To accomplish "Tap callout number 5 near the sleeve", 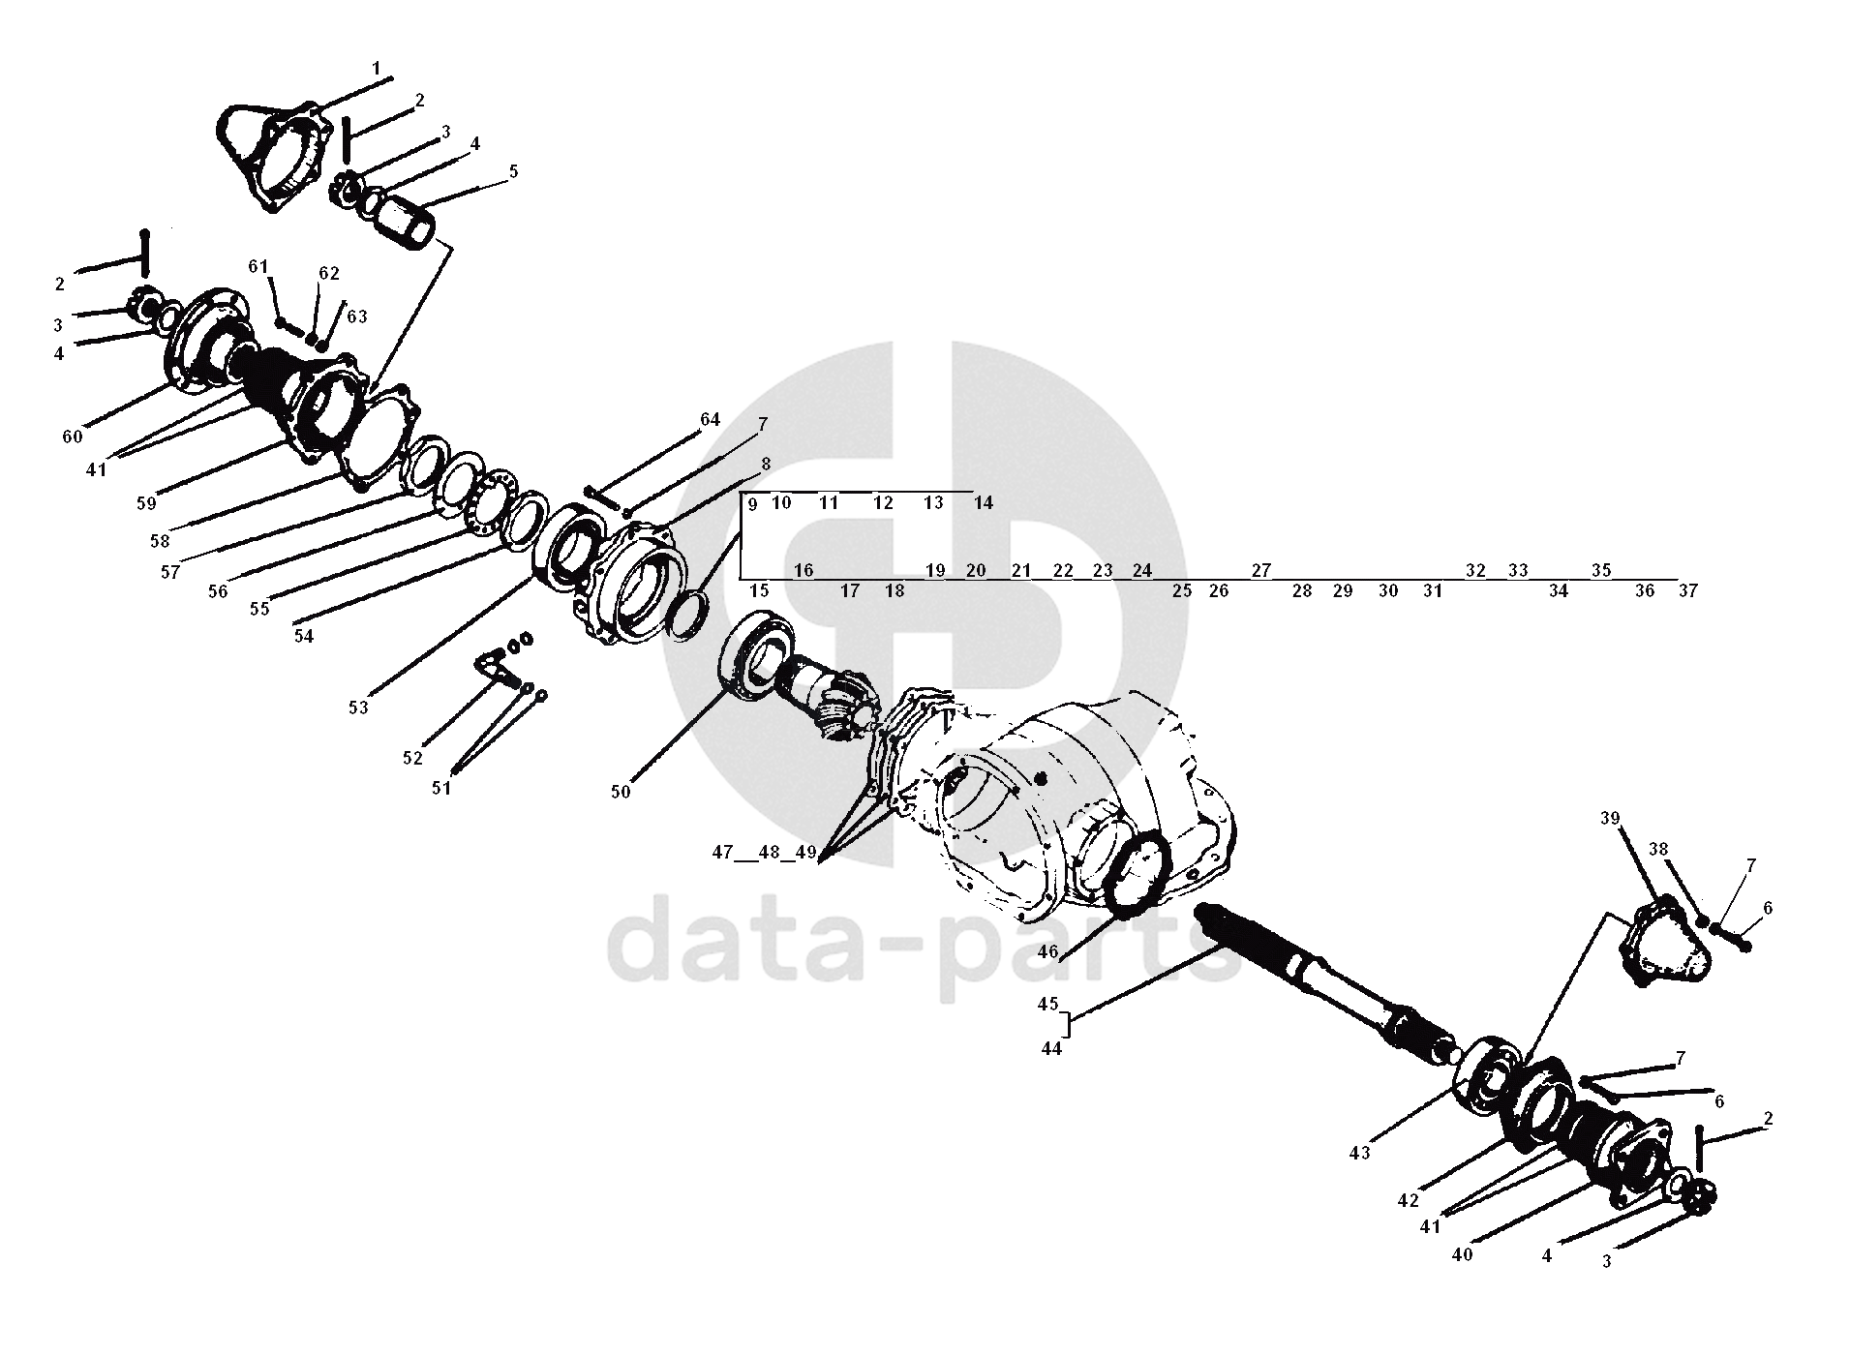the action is (513, 171).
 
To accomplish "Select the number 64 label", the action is (710, 419).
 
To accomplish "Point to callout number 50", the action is (621, 791).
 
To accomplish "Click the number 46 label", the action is (1047, 951).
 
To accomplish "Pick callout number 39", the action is (1610, 818).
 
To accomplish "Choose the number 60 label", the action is (73, 437).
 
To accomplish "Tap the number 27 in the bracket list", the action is (1260, 570).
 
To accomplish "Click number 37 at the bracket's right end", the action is (1687, 590).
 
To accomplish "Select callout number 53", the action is (358, 708).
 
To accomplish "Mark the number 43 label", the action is (1359, 1153).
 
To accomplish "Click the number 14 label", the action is (983, 502).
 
